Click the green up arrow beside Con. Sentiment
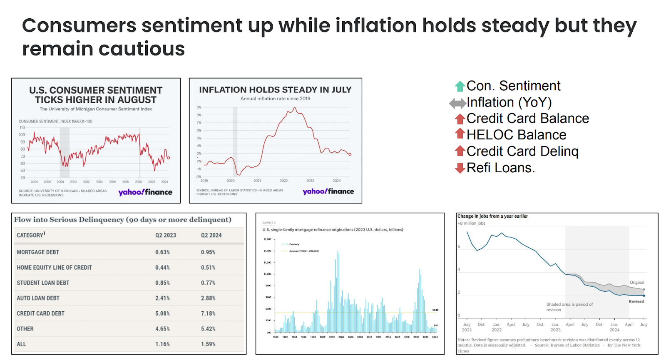[x=460, y=86]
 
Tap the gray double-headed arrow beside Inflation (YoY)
[x=457, y=103]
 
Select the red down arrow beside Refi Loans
[x=460, y=168]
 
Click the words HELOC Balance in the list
[x=516, y=135]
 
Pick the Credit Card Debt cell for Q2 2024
[x=208, y=313]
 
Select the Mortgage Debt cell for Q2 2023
[x=162, y=252]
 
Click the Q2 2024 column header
[x=211, y=235]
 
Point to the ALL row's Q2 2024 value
[x=208, y=344]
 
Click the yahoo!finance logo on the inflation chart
[x=328, y=191]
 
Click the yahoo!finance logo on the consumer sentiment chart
[x=145, y=192]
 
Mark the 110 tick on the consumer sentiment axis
[x=22, y=128]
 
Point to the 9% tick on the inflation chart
[x=199, y=107]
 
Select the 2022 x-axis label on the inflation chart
[x=283, y=181]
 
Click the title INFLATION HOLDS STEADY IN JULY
[x=275, y=90]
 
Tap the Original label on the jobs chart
[x=636, y=283]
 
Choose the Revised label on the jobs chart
[x=636, y=301]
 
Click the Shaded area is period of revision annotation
[x=569, y=307]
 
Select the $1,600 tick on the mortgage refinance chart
[x=267, y=239]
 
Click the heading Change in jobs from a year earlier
[x=492, y=216]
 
